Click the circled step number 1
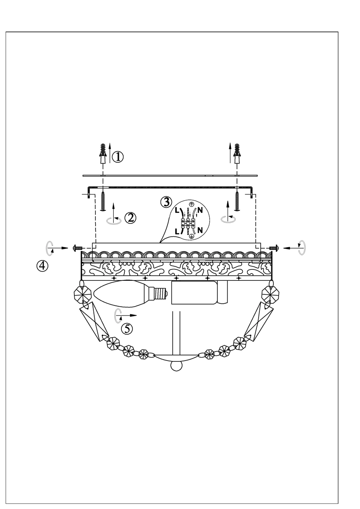[x=118, y=157]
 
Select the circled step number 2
[x=130, y=218]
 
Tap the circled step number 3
[x=166, y=202]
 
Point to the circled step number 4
[x=42, y=266]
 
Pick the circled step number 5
[x=127, y=329]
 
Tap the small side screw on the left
[x=77, y=248]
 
